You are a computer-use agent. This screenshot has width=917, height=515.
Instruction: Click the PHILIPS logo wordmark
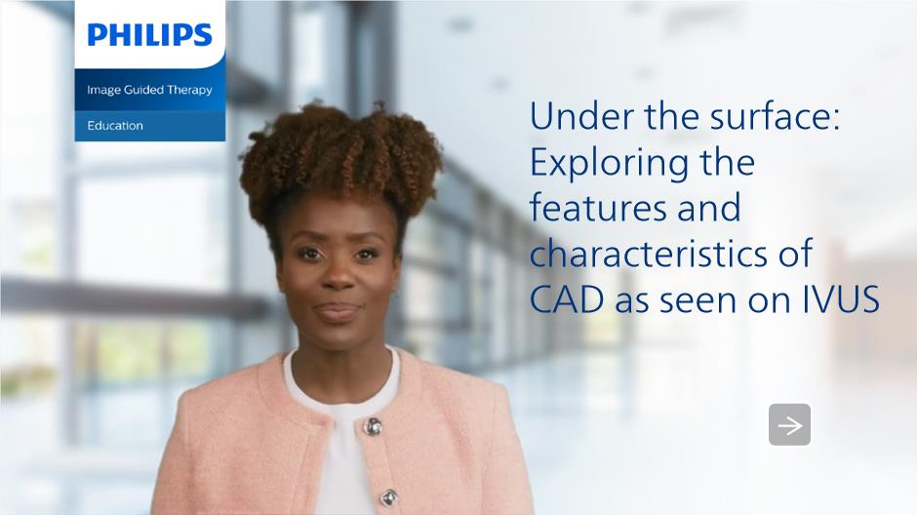tap(149, 35)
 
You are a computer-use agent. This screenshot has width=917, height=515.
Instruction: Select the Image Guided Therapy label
tap(149, 90)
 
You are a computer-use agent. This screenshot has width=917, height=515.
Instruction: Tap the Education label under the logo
tap(115, 126)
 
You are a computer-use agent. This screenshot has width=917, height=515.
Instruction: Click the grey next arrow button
tap(789, 424)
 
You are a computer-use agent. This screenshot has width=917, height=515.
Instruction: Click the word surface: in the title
tap(775, 116)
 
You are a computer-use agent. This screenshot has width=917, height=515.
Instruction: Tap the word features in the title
tap(598, 208)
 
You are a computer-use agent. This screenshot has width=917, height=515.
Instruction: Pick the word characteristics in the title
tap(646, 254)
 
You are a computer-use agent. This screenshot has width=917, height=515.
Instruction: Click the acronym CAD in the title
tap(567, 299)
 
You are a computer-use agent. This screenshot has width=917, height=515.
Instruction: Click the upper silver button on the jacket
tap(373, 427)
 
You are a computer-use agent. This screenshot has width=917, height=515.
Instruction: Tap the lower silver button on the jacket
tap(389, 497)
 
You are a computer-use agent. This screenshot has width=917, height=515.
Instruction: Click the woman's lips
tap(339, 311)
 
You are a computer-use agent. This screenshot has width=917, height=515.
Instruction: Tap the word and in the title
tap(709, 208)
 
